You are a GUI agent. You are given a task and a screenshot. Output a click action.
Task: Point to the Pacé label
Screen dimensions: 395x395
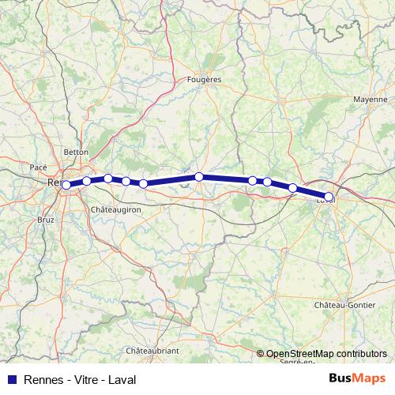point(38,167)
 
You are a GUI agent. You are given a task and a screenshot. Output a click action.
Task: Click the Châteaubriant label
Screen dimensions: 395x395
point(154,349)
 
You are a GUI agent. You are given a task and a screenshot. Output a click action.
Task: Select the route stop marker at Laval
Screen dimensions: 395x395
point(329,197)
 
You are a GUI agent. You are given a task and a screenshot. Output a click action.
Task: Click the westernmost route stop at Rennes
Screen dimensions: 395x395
point(66,185)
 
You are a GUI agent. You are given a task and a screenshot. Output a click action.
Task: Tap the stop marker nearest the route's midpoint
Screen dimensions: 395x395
point(199,177)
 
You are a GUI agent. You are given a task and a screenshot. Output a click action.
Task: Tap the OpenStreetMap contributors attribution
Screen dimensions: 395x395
point(322,355)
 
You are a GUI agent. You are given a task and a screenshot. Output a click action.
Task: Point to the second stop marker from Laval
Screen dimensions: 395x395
point(293,188)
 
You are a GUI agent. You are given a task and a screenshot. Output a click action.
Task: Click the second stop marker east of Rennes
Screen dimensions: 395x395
point(108,179)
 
